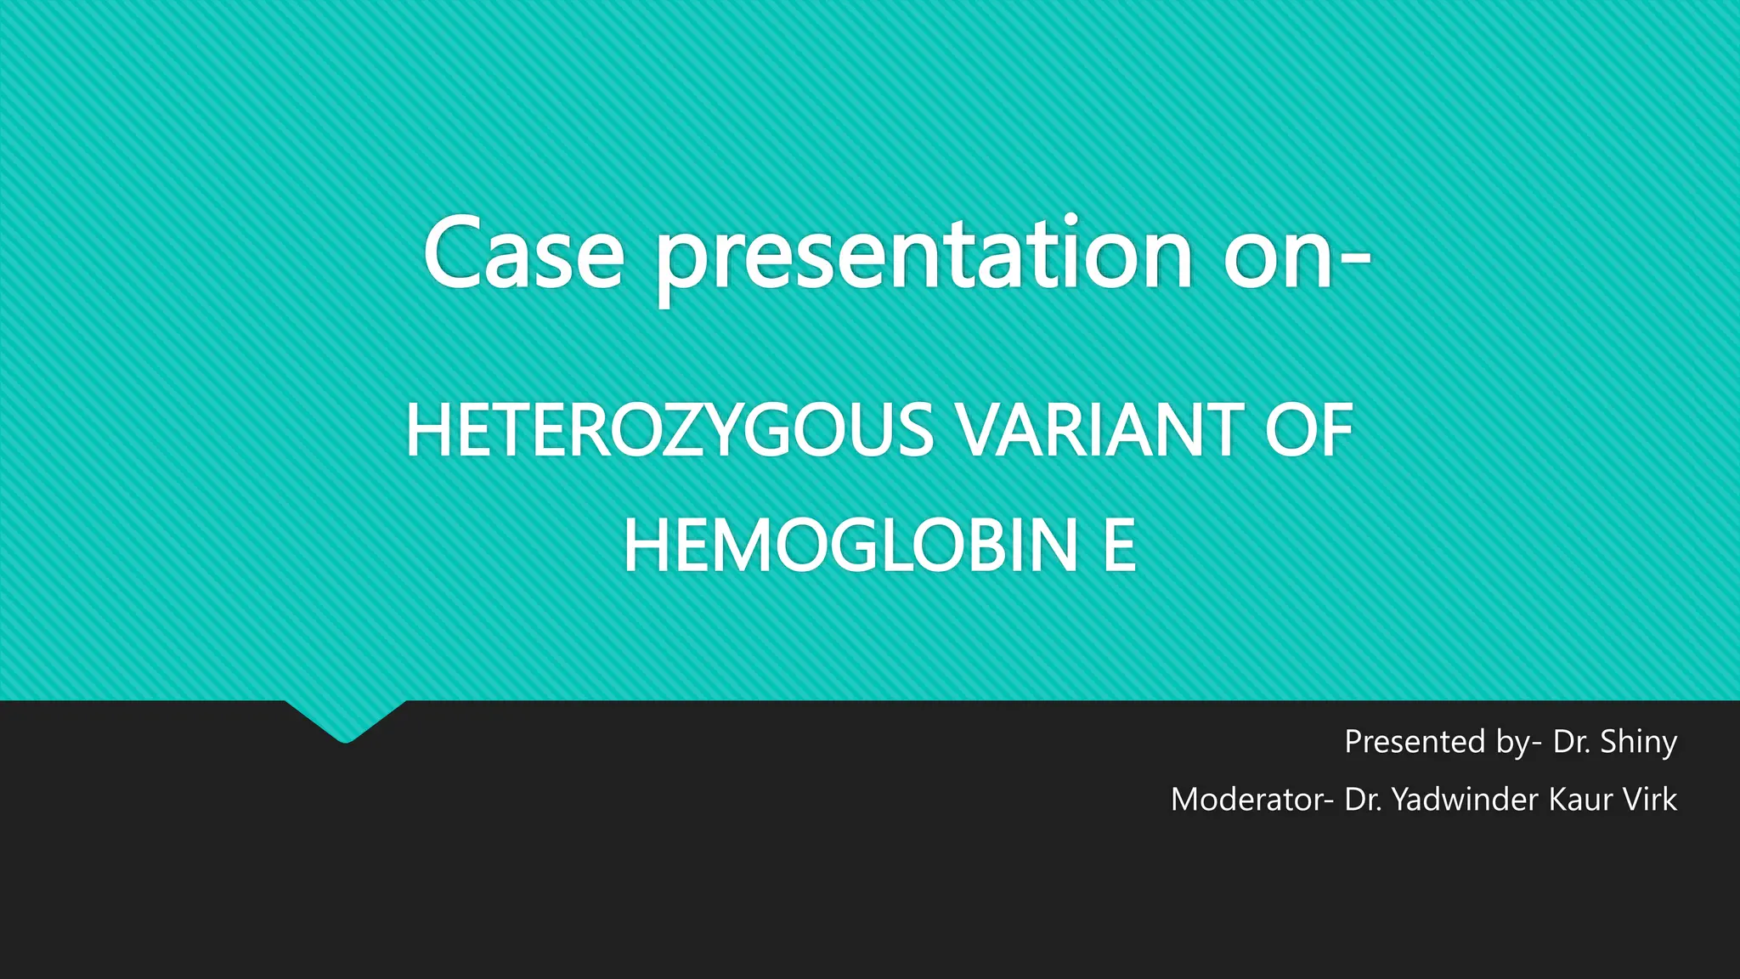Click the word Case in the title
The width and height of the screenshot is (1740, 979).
523,252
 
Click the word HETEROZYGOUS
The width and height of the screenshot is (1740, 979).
669,431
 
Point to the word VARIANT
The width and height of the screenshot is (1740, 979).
1100,431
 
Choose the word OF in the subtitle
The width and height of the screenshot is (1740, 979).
1308,431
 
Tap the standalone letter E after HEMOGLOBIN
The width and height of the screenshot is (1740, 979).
1120,546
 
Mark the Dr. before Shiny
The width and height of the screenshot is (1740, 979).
1571,741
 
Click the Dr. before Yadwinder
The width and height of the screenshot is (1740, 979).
1363,799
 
